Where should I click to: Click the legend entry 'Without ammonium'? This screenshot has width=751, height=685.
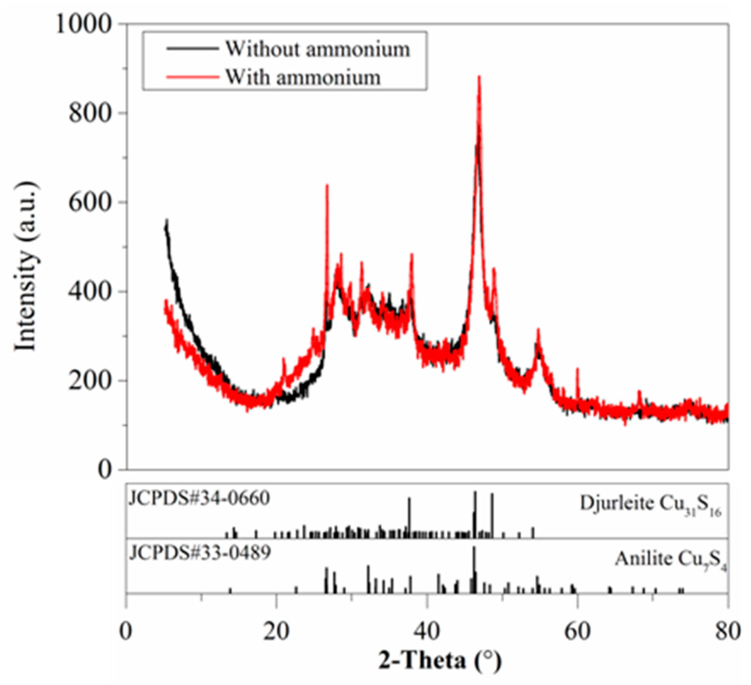point(317,49)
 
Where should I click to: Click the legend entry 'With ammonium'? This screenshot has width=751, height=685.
point(302,77)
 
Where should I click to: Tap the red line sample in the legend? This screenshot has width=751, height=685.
point(192,77)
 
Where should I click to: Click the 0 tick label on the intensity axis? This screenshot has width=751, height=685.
point(106,470)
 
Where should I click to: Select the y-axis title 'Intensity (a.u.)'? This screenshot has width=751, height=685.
point(26,266)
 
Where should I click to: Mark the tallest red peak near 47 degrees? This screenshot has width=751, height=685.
point(479,77)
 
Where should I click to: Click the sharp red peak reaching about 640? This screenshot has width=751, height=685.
point(327,185)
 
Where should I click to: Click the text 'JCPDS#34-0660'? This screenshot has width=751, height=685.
point(199,499)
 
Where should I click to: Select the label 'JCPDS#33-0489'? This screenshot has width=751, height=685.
point(199,554)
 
